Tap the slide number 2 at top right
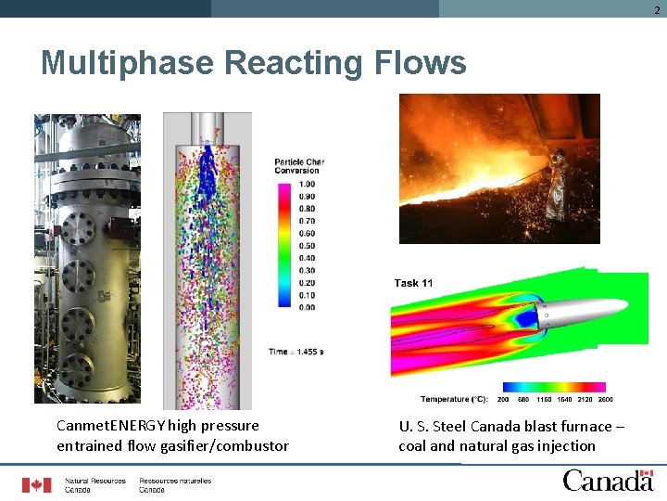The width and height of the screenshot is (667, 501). [x=657, y=8]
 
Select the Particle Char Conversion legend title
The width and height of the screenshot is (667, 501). [x=296, y=166]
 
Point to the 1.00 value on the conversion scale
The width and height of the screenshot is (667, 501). [x=306, y=185]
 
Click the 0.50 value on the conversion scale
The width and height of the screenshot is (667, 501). [x=306, y=246]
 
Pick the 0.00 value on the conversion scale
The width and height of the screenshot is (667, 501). [x=306, y=307]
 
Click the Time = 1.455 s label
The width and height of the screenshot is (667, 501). [x=296, y=352]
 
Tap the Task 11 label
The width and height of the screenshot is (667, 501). [x=413, y=283]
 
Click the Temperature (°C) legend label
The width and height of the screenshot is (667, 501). [x=454, y=400]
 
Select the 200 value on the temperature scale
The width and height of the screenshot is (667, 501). [x=503, y=400]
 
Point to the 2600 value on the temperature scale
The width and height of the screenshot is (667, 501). [x=604, y=400]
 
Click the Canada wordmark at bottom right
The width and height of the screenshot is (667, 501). [x=608, y=480]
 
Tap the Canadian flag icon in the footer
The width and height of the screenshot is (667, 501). [x=37, y=484]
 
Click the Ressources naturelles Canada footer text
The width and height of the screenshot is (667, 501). [x=175, y=485]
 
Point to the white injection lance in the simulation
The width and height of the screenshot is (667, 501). [x=584, y=310]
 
